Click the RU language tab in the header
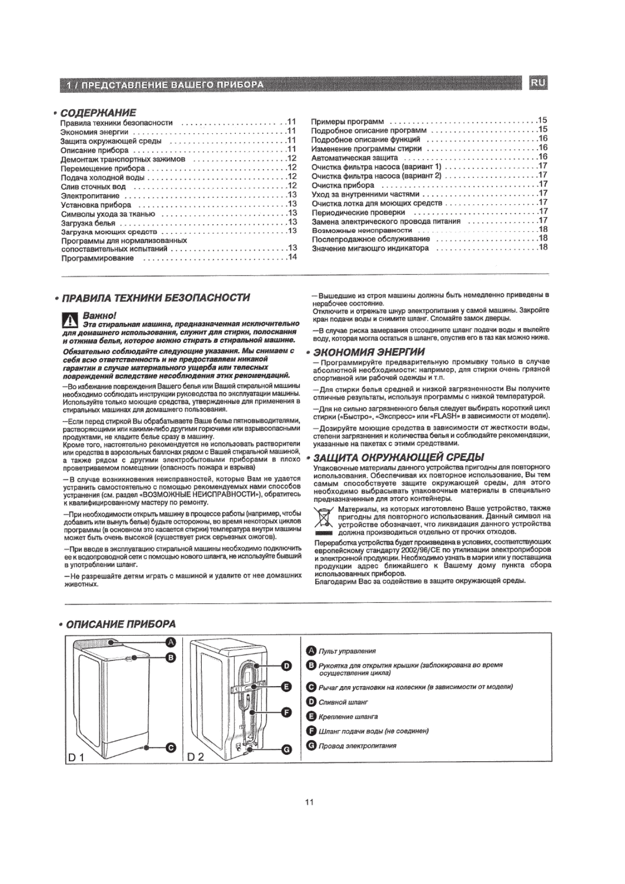point(538,83)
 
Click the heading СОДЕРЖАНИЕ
point(98,113)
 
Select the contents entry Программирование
point(98,258)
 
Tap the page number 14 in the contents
point(292,257)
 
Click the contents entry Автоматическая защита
point(355,157)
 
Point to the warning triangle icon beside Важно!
point(69,319)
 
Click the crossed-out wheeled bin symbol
point(323,518)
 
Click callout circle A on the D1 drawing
point(170,642)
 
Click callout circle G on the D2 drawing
point(287,750)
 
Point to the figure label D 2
point(195,757)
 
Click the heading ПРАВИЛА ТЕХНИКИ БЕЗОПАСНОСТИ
point(155,298)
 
